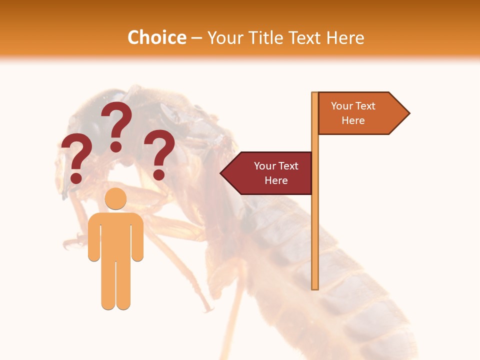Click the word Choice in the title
(156, 38)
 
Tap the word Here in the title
(344, 38)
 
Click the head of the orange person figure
(115, 198)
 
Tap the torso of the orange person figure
(115, 235)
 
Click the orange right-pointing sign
(360, 113)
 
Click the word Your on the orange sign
(342, 106)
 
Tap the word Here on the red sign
(276, 180)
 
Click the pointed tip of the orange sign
(407, 113)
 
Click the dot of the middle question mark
(116, 146)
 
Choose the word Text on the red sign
(288, 166)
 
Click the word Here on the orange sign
(353, 120)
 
